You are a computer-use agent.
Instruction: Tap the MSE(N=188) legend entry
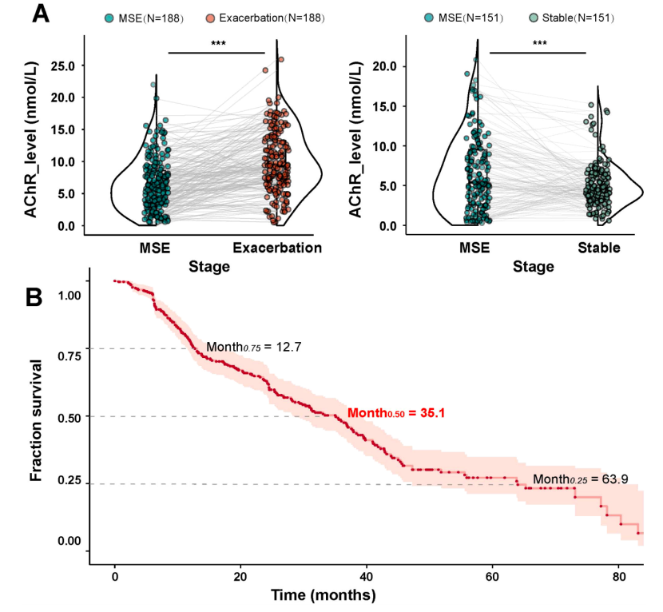pyautogui.click(x=145, y=18)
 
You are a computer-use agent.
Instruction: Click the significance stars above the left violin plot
pyautogui.click(x=216, y=44)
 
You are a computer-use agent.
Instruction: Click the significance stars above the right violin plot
pyautogui.click(x=539, y=44)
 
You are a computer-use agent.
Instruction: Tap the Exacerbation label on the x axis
pyautogui.click(x=277, y=248)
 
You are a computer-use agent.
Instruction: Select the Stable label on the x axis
pyautogui.click(x=598, y=248)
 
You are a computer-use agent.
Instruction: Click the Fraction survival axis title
pyautogui.click(x=36, y=419)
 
